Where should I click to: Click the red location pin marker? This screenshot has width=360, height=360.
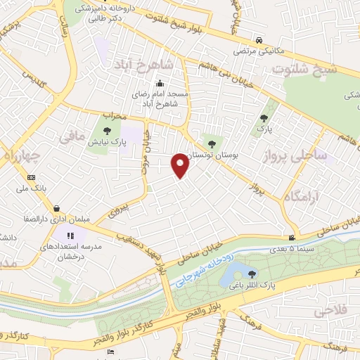(180, 165)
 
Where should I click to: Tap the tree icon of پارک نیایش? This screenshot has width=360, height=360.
(106, 131)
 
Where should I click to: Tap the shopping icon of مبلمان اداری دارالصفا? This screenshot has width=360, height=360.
(56, 209)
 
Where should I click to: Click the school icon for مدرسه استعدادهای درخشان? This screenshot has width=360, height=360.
(70, 236)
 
